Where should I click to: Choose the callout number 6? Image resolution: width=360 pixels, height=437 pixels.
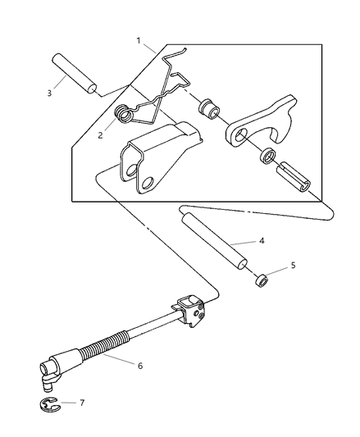(x=140, y=365)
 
